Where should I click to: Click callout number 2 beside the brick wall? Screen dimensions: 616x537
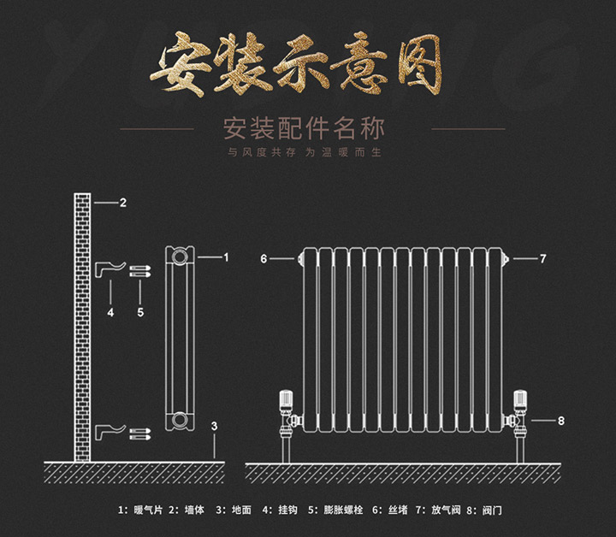point(123,203)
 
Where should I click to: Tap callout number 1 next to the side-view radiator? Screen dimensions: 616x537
point(226,257)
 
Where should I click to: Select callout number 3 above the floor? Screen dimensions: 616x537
point(214,426)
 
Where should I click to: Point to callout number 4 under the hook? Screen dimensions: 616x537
point(110,312)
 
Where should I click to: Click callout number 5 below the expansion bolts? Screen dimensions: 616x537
point(140,312)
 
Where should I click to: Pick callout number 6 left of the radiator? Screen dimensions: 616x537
point(264,259)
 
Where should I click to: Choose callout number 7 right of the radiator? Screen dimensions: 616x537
point(543,259)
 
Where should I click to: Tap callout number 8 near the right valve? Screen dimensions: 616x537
point(561,421)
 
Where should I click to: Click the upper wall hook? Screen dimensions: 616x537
point(110,268)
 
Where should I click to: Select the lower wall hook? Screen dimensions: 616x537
point(110,432)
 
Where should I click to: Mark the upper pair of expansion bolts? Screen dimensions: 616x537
point(140,271)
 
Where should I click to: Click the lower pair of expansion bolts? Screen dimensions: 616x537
point(140,434)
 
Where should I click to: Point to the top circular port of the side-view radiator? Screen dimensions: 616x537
point(180,257)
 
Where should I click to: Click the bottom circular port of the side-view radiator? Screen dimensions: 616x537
point(180,419)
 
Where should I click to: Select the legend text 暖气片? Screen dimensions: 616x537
point(148,510)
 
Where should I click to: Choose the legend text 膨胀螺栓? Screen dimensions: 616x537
point(343,510)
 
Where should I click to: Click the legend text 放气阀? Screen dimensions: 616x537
point(446,510)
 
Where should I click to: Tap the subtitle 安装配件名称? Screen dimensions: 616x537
point(304,129)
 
